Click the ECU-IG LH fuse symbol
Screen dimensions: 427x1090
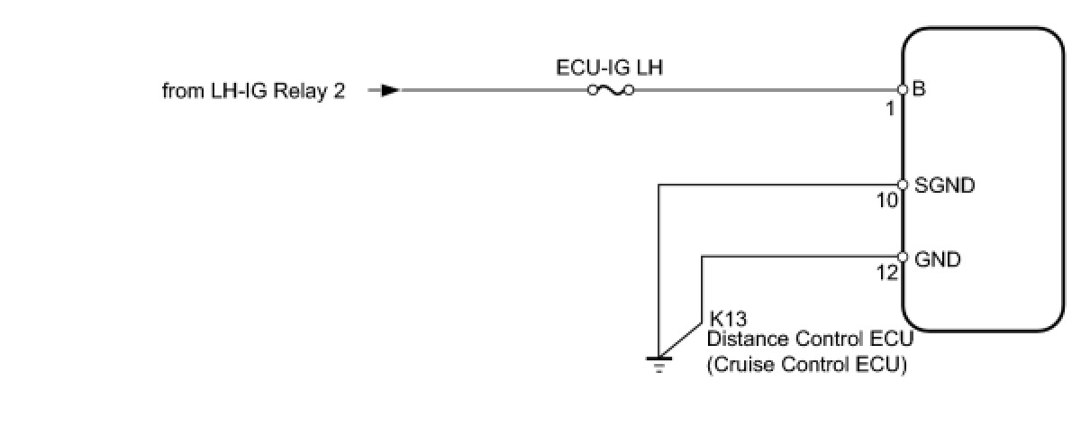pyautogui.click(x=611, y=90)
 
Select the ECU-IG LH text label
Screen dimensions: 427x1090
pyautogui.click(x=610, y=68)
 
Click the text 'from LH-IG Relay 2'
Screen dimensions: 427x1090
pyautogui.click(x=253, y=91)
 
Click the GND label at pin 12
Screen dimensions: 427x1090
pyautogui.click(x=937, y=259)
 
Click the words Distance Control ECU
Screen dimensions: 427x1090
pyautogui.click(x=810, y=341)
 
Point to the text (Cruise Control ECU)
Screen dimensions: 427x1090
pyautogui.click(x=806, y=365)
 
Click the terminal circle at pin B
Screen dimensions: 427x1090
pyautogui.click(x=903, y=90)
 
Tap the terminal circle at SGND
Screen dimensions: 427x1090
pyautogui.click(x=903, y=185)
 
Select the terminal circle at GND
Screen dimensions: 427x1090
pyautogui.click(x=903, y=258)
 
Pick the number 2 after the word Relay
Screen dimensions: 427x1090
pyautogui.click(x=339, y=91)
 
